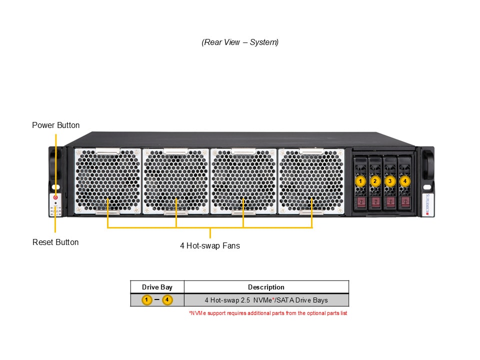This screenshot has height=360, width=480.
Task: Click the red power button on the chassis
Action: click(x=55, y=197)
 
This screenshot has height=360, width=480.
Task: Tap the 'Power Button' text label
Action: click(x=55, y=125)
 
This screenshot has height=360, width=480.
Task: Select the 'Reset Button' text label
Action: click(x=55, y=242)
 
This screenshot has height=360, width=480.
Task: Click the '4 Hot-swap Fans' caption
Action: click(x=210, y=246)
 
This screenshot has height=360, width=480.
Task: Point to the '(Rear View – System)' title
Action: click(x=240, y=42)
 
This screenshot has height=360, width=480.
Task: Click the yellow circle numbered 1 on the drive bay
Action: click(x=360, y=181)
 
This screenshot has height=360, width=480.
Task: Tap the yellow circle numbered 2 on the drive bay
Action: click(x=375, y=181)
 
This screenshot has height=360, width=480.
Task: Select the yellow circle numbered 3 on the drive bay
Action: click(x=390, y=181)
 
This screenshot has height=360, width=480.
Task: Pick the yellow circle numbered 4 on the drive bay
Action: click(x=405, y=181)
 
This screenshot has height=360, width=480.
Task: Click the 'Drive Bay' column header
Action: click(x=157, y=287)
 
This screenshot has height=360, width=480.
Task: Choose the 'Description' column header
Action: click(x=266, y=287)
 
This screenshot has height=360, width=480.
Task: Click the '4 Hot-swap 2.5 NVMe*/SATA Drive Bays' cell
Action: click(x=266, y=300)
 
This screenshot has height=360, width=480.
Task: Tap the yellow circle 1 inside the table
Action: click(x=147, y=299)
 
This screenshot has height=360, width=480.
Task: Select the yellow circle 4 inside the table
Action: click(x=167, y=299)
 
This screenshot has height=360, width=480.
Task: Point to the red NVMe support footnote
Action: click(x=268, y=313)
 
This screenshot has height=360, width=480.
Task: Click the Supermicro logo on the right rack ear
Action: click(x=427, y=204)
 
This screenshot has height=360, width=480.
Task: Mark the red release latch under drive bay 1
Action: click(x=361, y=202)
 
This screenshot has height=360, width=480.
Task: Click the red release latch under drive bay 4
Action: click(x=405, y=202)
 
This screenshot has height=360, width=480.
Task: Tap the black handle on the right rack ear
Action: click(x=428, y=165)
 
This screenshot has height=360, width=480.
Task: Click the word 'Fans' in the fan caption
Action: click(x=231, y=246)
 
